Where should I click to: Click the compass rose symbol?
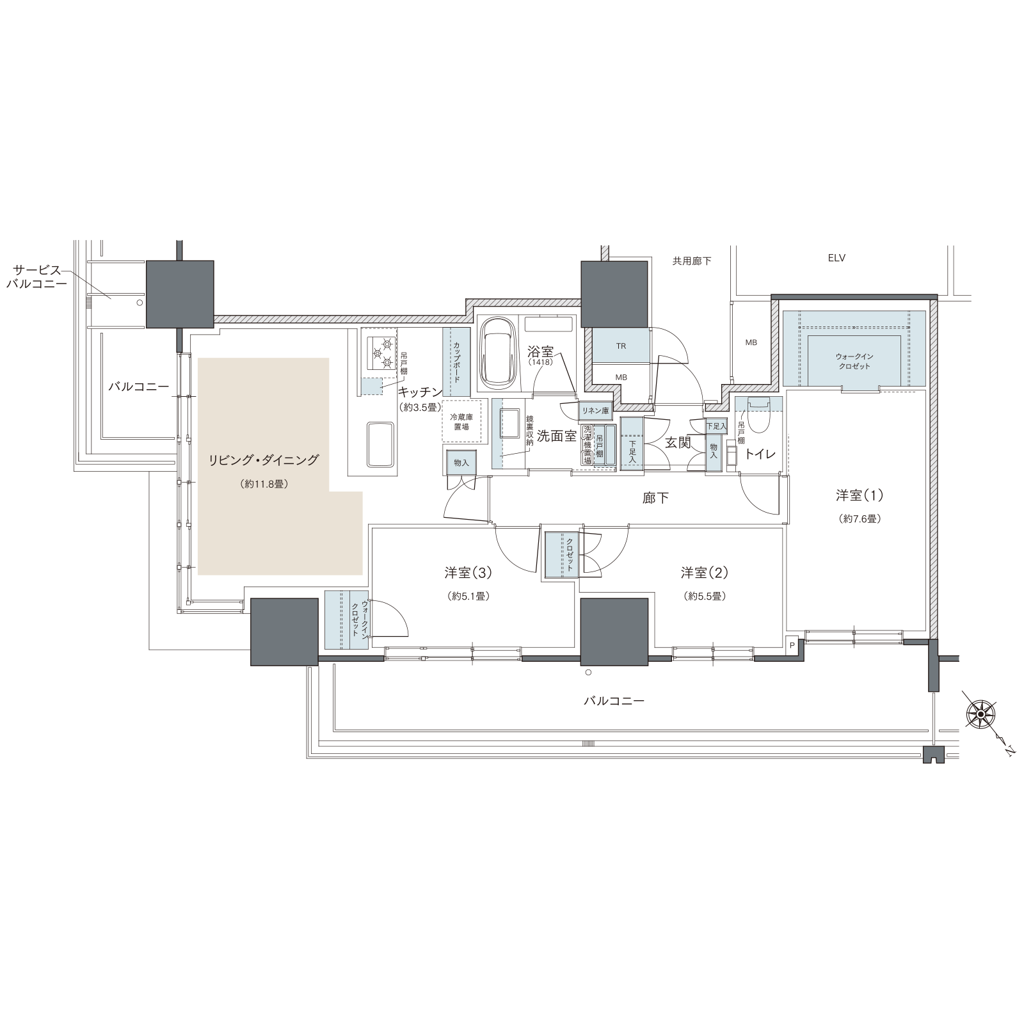[981, 713]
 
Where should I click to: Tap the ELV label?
[836, 258]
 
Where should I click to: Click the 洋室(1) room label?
[860, 495]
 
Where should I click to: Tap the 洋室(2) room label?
[705, 572]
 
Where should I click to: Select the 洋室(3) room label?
[468, 572]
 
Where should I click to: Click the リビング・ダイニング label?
[263, 460]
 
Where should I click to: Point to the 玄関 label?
[678, 442]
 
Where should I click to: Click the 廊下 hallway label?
[656, 498]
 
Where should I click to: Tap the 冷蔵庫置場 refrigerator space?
[461, 422]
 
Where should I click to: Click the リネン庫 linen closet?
[595, 410]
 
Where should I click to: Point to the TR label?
[621, 346]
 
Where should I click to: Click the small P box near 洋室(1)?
[792, 645]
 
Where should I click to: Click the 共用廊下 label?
[692, 261]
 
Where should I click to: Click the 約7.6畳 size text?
[860, 519]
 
